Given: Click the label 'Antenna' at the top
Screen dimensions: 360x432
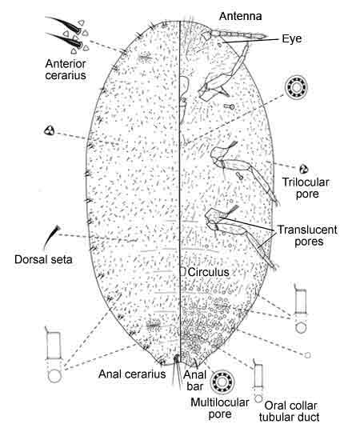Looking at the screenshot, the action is pyautogui.click(x=240, y=16).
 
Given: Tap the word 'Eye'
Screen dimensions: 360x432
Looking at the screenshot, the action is pyautogui.click(x=292, y=38).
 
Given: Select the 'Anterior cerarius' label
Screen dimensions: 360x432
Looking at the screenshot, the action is pyautogui.click(x=66, y=70).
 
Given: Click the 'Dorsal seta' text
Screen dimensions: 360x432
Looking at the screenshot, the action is pyautogui.click(x=43, y=259).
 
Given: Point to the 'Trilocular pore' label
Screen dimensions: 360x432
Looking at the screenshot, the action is pyautogui.click(x=306, y=188).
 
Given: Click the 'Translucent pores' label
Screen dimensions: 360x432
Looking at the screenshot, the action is pyautogui.click(x=307, y=235).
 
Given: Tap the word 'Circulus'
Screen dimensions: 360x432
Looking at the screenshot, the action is pyautogui.click(x=209, y=272).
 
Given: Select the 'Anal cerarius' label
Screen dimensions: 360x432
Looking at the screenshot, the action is pyautogui.click(x=132, y=374).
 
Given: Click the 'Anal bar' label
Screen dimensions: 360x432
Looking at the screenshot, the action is pyautogui.click(x=194, y=380).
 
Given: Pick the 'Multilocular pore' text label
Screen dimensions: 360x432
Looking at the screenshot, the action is pyautogui.click(x=219, y=408).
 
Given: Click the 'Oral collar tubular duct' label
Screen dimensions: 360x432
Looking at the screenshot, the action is pyautogui.click(x=290, y=411).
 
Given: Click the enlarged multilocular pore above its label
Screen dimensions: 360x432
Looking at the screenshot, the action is pyautogui.click(x=222, y=382).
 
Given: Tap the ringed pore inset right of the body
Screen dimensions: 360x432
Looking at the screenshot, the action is pyautogui.click(x=296, y=87).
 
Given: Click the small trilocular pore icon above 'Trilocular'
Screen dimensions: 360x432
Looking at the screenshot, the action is pyautogui.click(x=303, y=169).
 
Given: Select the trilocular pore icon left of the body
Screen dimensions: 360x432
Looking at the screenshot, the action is pyautogui.click(x=50, y=130).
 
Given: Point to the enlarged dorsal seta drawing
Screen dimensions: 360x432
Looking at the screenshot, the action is pyautogui.click(x=51, y=237).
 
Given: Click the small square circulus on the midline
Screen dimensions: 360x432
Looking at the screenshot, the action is pyautogui.click(x=182, y=272).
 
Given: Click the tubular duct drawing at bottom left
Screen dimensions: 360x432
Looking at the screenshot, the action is pyautogui.click(x=54, y=355).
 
